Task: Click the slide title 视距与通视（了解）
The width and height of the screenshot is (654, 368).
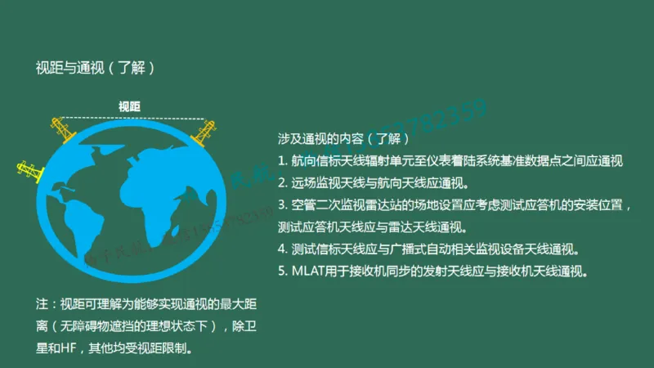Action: [x=95, y=68]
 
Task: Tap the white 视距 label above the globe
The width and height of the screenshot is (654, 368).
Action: [x=129, y=106]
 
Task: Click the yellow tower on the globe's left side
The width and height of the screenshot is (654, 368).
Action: [x=27, y=171]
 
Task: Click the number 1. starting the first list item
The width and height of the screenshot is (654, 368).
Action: [x=282, y=161]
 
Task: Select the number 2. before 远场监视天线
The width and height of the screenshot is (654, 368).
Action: [x=282, y=182]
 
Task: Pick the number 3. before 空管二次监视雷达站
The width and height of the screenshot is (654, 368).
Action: [x=282, y=204]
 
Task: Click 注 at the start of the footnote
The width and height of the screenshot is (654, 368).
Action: [x=43, y=305]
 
